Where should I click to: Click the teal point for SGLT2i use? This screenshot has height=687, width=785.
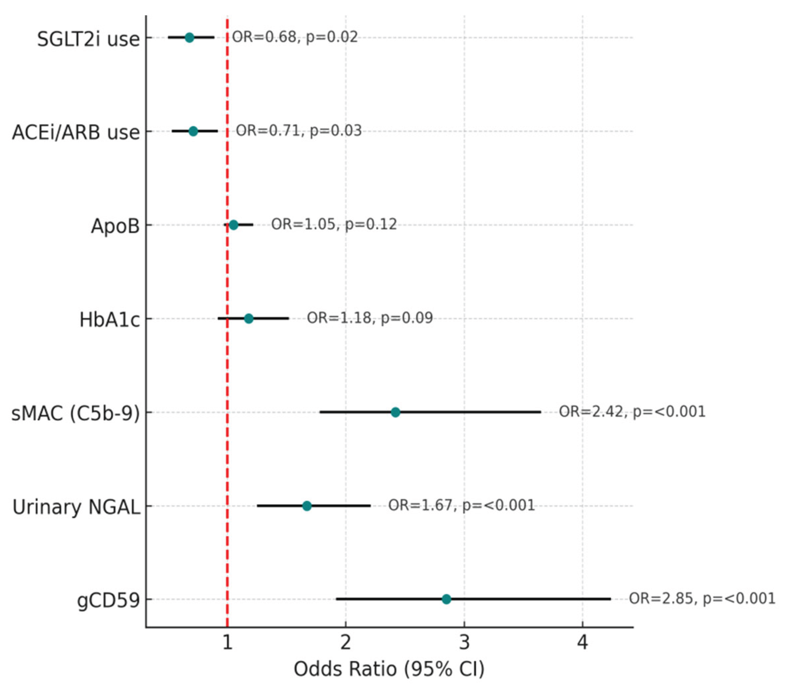point(189,37)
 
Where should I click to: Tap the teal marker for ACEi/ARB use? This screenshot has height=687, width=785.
point(193,131)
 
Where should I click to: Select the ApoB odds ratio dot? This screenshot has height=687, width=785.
point(233,225)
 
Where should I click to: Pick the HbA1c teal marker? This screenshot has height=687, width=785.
point(249,318)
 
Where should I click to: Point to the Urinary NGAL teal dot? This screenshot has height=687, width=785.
point(306,506)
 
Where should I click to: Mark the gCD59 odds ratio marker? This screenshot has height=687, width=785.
point(446,599)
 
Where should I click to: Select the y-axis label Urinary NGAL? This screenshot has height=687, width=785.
point(76,507)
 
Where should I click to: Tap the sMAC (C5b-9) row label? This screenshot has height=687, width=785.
point(76,413)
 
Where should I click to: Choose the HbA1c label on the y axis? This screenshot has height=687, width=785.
point(109,320)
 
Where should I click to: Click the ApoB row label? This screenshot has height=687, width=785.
point(115,226)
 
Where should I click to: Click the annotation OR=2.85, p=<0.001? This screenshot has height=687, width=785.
point(702,598)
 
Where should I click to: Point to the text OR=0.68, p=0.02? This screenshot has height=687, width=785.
point(295,37)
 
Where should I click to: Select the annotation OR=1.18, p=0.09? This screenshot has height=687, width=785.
point(370,318)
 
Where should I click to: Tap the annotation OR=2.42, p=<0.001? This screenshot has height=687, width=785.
point(632,412)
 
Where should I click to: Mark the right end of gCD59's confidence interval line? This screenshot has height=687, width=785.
point(610,599)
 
